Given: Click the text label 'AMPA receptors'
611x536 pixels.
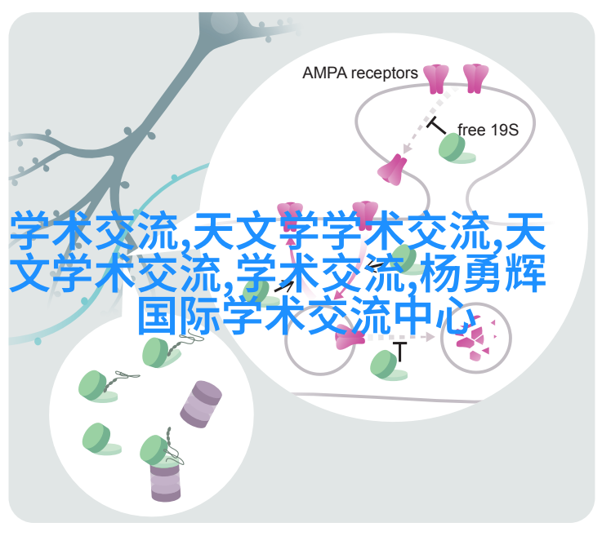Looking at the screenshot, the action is click(x=359, y=73).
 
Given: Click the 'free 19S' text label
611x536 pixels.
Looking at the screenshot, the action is click(x=488, y=130).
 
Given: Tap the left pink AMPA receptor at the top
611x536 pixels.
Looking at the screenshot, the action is click(x=436, y=79).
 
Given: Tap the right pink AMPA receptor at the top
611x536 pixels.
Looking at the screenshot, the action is click(x=475, y=79).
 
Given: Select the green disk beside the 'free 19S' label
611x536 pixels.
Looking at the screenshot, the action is click(x=456, y=148).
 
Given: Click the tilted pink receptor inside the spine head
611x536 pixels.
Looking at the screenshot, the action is click(x=393, y=170).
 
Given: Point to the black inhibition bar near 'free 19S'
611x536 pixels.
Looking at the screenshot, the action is click(x=436, y=126).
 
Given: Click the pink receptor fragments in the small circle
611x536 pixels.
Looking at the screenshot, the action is click(x=475, y=338).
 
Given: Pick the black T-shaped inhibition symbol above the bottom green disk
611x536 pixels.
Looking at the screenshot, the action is click(x=399, y=351).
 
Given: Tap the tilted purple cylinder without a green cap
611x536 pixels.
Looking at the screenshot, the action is click(x=201, y=405).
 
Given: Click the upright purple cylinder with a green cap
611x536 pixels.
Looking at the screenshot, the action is click(x=165, y=481).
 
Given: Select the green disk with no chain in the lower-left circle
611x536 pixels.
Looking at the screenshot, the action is click(x=100, y=439).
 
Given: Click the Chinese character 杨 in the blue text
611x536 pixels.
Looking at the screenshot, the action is click(x=441, y=272).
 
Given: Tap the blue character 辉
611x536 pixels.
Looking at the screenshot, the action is click(x=525, y=272).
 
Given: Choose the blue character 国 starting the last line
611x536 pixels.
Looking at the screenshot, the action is click(x=158, y=315).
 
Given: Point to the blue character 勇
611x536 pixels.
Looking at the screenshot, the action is click(x=484, y=272).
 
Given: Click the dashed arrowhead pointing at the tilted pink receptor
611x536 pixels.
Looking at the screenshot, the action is click(x=407, y=149).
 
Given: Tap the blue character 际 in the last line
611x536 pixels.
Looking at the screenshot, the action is click(x=200, y=315).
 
